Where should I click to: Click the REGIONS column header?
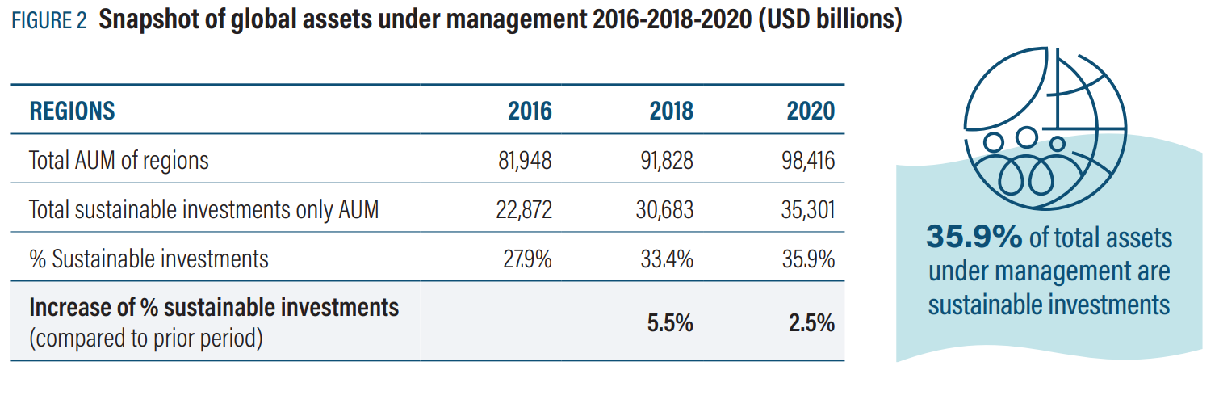72,111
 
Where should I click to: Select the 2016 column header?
530,111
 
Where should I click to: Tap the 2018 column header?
671,111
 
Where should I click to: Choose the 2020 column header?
811,111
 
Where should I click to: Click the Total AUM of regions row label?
119,161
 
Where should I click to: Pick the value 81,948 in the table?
525,161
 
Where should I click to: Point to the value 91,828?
666,161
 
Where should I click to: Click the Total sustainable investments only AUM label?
203,210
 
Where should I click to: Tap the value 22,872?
525,210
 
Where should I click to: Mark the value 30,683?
666,210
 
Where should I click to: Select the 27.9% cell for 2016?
529,259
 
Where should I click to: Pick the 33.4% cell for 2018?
669,259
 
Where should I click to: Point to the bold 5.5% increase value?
669,323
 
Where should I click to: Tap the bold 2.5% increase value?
811,323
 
